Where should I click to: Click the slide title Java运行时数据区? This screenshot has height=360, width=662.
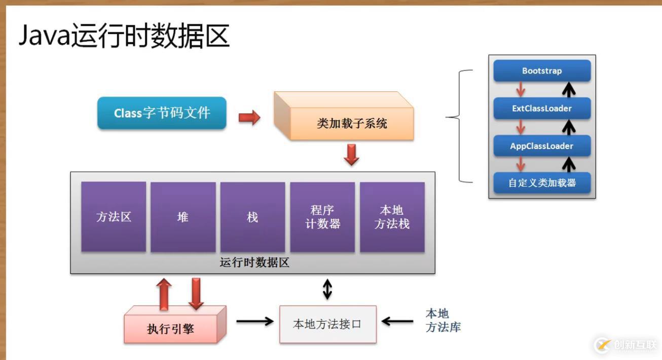[124, 37]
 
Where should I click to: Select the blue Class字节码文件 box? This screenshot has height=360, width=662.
[162, 113]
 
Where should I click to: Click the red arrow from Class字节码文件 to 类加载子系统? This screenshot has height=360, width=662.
[249, 118]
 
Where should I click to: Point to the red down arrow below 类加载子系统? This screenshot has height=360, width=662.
[351, 155]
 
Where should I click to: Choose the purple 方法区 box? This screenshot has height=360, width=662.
[114, 217]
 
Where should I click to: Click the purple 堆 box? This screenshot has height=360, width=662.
[182, 217]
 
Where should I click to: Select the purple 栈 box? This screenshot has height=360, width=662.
[252, 217]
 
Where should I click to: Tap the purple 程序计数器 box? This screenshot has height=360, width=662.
[322, 217]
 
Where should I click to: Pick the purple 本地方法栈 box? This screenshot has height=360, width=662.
[392, 217]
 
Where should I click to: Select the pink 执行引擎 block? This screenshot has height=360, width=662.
[171, 328]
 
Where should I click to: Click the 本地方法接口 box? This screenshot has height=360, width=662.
[327, 324]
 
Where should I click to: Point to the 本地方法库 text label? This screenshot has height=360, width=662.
[443, 320]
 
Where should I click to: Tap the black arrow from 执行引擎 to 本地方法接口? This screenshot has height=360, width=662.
[254, 321]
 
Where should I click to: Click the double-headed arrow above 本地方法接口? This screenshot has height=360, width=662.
[327, 289]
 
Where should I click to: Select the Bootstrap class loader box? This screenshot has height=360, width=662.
[542, 71]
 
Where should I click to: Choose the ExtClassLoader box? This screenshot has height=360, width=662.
[542, 109]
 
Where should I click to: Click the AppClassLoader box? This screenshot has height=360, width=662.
[542, 146]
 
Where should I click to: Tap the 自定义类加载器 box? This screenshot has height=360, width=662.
[542, 183]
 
